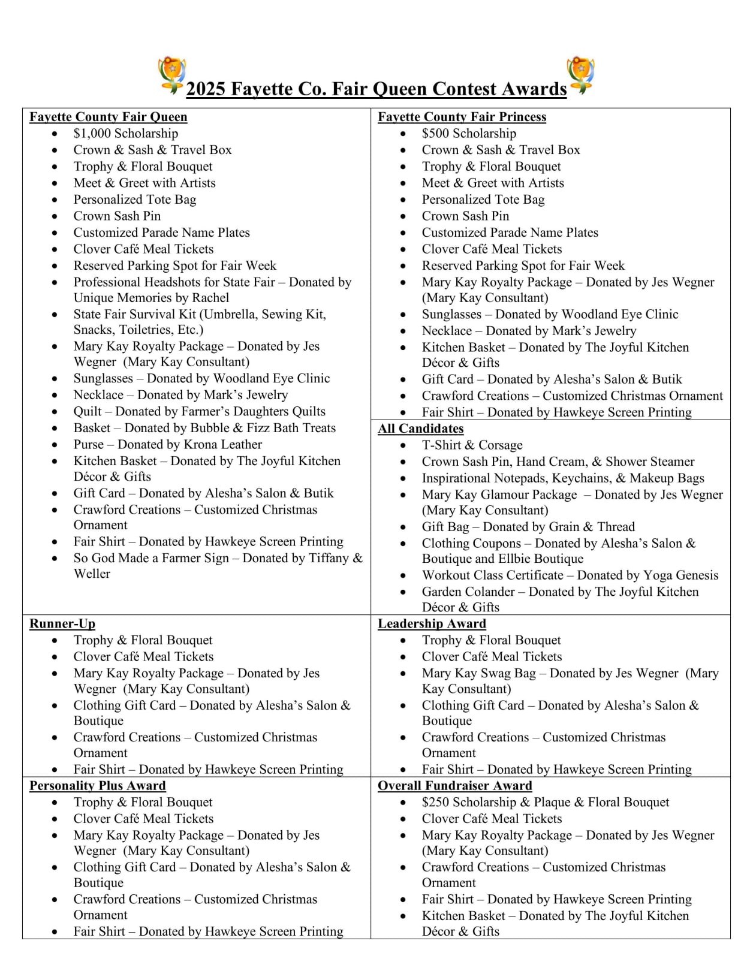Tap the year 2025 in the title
click(206, 89)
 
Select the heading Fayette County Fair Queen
click(109, 117)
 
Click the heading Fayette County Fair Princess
click(462, 117)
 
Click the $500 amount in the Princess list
click(436, 134)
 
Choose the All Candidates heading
click(420, 429)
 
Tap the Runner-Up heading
click(62, 624)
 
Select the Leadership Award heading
click(432, 624)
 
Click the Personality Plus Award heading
click(98, 786)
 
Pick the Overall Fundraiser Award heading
click(454, 786)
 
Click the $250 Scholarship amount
click(436, 803)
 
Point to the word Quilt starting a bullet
click(88, 412)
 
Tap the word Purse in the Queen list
click(89, 445)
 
